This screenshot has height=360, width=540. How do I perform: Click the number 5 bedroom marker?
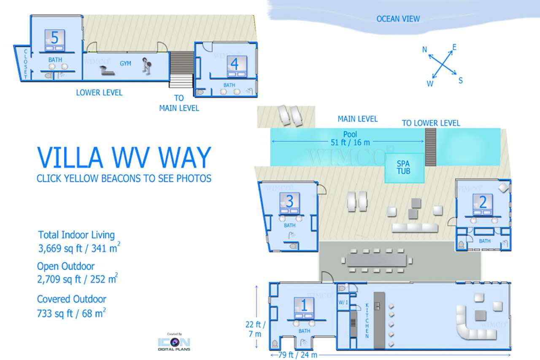[x=55, y=38]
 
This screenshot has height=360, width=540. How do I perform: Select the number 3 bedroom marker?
[x=289, y=201]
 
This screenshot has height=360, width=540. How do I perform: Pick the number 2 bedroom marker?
[x=483, y=202]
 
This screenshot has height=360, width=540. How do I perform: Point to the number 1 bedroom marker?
[x=304, y=305]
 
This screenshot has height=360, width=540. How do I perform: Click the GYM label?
[x=125, y=63]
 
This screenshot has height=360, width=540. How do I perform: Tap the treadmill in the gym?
[x=107, y=70]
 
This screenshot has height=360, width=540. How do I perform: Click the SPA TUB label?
[x=404, y=168]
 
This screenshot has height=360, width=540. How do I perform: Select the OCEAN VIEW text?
[x=398, y=19]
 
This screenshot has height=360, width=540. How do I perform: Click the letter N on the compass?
[x=424, y=49]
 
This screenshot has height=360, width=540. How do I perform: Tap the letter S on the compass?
[x=460, y=80]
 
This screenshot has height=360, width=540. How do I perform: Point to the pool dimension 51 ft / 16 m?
[x=350, y=142]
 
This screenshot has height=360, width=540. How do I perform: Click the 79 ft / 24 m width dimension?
[x=298, y=355]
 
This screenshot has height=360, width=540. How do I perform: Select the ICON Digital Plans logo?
[x=174, y=342]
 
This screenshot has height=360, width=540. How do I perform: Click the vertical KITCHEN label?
[x=367, y=321]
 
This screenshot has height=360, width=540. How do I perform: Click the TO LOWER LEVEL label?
[x=431, y=123]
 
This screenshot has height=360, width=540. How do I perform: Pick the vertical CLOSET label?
[x=25, y=64]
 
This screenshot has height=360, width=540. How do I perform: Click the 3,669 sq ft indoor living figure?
[x=79, y=248]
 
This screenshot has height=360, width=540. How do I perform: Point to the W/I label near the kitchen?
[x=343, y=302]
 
